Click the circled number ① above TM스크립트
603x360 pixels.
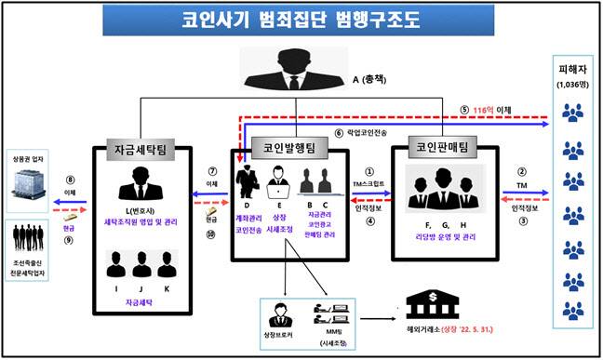(x=369, y=171)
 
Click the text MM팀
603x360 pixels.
(x=331, y=332)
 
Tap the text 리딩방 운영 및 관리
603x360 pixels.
(x=445, y=238)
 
